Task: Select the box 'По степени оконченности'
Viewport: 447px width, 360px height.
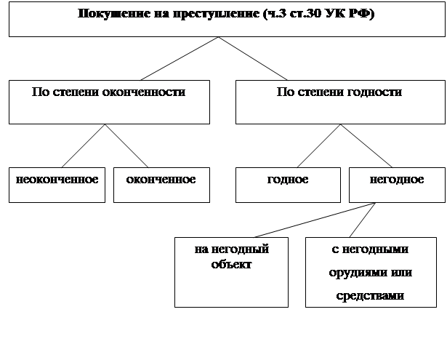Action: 109,102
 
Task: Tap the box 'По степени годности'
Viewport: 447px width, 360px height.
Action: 339,102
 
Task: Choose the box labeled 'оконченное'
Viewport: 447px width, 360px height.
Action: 161,185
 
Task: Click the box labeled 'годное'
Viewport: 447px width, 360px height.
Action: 287,185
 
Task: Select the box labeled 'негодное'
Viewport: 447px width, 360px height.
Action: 396,185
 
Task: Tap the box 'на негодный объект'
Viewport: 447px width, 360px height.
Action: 231,271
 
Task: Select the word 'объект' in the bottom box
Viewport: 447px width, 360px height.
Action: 231,264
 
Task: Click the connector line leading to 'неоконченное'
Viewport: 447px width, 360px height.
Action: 83,146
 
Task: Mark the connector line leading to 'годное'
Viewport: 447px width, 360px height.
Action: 318,146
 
